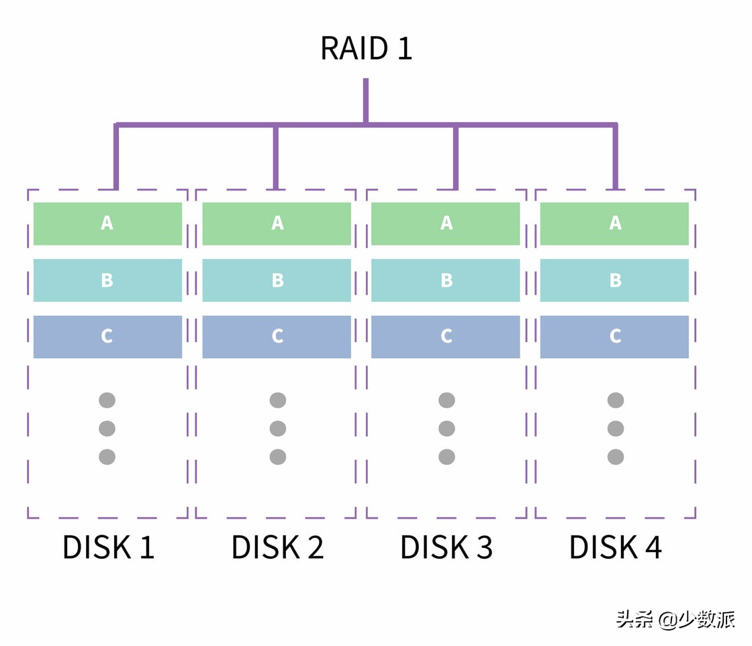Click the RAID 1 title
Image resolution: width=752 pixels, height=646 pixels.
[366, 48]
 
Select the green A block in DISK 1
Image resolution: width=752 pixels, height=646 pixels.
[107, 223]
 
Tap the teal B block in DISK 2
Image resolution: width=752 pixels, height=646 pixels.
[277, 280]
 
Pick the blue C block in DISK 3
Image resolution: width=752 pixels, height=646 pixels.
[446, 337]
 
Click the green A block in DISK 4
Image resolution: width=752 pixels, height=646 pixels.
[614, 223]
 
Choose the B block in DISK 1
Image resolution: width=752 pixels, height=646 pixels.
[107, 280]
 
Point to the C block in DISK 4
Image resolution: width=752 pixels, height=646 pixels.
[614, 337]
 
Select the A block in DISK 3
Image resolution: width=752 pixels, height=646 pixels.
[446, 223]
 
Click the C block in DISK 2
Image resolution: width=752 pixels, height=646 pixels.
[277, 337]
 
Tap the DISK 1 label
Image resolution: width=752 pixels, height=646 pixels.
[108, 547]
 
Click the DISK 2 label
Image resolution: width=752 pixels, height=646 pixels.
[277, 547]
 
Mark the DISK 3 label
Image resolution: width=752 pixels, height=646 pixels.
[446, 547]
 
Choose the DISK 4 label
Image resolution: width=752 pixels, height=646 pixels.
[616, 547]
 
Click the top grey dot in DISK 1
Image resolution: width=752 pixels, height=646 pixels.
[107, 400]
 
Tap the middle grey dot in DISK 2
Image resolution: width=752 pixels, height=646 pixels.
[278, 429]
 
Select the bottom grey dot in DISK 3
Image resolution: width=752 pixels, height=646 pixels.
[446, 457]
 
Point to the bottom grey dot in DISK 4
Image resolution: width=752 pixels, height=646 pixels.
[616, 457]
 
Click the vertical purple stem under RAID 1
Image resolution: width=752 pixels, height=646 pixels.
[366, 101]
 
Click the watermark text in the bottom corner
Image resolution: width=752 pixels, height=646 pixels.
[675, 619]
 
